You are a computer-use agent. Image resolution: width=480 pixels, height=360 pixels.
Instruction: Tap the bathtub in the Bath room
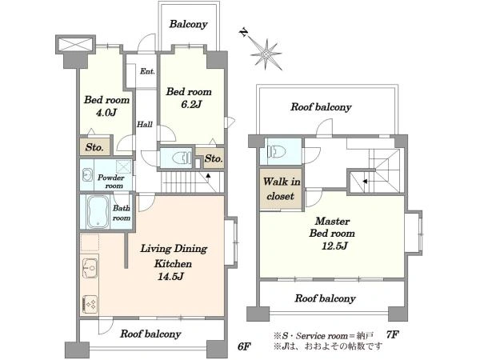pos(98,212)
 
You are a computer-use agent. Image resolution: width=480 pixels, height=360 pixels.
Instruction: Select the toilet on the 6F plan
pos(179,158)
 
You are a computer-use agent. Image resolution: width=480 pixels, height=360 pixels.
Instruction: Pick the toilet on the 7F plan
pos(277,151)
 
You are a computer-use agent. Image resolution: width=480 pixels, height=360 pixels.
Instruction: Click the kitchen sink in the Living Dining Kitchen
pos(90,267)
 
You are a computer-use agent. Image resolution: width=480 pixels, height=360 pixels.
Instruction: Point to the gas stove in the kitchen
pos(90,304)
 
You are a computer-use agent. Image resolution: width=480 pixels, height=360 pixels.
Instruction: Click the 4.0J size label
pos(106,113)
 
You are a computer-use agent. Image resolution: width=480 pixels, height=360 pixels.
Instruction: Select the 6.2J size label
pos(191,104)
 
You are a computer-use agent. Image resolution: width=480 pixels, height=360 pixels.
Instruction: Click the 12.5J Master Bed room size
pos(334,246)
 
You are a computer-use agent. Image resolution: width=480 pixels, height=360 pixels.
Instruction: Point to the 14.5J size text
pos(170,277)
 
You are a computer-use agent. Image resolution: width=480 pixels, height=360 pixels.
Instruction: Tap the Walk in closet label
pos(281,189)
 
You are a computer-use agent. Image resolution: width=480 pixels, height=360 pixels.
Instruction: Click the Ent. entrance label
pos(147,71)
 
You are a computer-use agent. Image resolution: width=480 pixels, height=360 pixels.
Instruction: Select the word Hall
pos(145,124)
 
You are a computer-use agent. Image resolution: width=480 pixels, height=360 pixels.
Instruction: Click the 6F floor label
pos(244,346)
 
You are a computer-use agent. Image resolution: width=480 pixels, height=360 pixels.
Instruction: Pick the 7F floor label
pos(392,334)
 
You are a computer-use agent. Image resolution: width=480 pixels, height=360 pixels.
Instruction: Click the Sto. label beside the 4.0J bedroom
pos(94,147)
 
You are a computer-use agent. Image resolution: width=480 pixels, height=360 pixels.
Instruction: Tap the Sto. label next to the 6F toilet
pos(214,158)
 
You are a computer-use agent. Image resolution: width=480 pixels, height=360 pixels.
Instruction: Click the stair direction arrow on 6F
pos(208,176)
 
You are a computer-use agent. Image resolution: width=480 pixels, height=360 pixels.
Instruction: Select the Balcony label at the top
pos(188,24)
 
